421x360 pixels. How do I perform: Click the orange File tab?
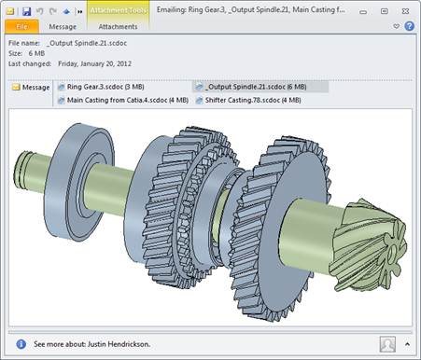tap(21, 27)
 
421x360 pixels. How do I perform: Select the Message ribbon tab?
tap(63, 27)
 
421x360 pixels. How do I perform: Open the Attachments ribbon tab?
tap(118, 27)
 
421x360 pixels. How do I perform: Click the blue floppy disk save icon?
tap(27, 11)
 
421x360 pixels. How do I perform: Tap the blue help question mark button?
tap(409, 26)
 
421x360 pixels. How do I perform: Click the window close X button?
tap(405, 11)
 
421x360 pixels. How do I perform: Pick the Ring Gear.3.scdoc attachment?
tap(101, 87)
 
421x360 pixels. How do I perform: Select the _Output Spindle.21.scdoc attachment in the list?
tap(251, 87)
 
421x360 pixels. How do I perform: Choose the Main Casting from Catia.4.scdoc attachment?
tap(123, 101)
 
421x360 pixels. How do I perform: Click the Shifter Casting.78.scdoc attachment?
tap(248, 101)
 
